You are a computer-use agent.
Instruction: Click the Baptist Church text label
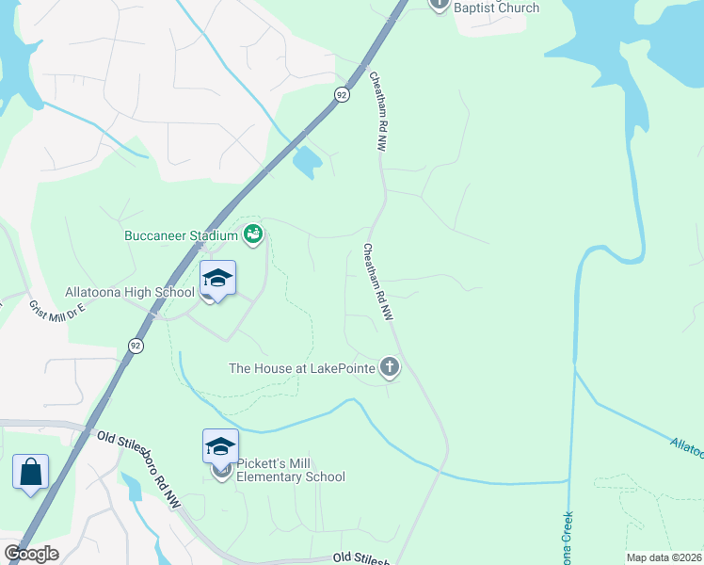click(497, 8)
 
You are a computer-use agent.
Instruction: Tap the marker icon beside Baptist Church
click(440, 4)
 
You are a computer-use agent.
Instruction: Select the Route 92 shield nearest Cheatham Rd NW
click(342, 94)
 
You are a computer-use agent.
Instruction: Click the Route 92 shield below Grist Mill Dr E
click(136, 347)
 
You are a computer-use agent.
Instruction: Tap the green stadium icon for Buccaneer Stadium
click(252, 234)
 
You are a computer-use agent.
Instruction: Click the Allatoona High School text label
click(130, 293)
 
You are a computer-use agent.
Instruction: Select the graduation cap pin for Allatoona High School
click(217, 278)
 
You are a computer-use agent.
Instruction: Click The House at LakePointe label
click(302, 368)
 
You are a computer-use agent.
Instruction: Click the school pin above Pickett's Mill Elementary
click(220, 446)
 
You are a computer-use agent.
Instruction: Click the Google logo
click(31, 554)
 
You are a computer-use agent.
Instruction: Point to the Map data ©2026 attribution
click(663, 557)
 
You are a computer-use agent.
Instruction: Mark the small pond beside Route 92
click(307, 163)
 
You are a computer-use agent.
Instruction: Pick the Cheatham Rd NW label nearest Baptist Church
click(379, 112)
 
